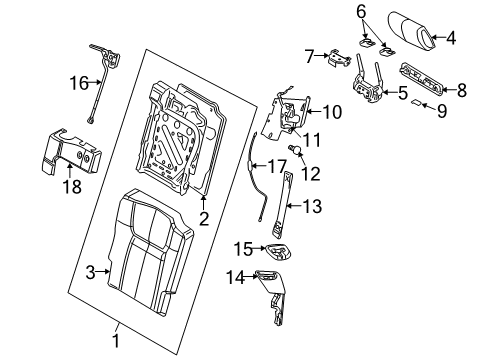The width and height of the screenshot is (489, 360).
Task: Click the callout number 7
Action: tap(310, 56)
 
